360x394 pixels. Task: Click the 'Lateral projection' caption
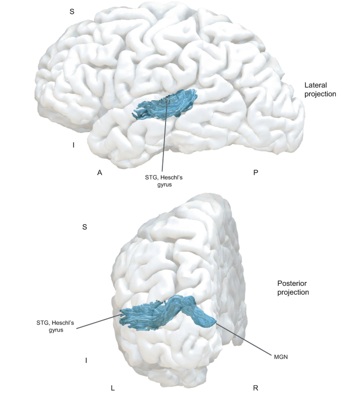(320, 89)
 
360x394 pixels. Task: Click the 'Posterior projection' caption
(293, 288)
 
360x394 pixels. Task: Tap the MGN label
(281, 357)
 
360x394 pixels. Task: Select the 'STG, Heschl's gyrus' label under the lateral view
(163, 181)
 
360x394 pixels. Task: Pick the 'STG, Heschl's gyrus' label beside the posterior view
(55, 326)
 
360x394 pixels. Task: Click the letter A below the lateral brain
(99, 173)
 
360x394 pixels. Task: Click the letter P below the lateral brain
(255, 173)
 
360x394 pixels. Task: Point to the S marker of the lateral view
(72, 12)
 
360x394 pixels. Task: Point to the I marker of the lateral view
(74, 145)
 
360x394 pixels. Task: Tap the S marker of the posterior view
(85, 227)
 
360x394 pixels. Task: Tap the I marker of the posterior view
(86, 360)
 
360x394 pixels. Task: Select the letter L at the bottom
(112, 388)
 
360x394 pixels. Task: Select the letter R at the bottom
(255, 388)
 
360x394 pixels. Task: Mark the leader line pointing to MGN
(243, 339)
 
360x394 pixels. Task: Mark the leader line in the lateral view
(165, 136)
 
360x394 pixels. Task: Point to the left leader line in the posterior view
(99, 321)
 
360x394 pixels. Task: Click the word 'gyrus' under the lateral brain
(164, 185)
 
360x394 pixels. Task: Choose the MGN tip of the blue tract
(214, 322)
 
